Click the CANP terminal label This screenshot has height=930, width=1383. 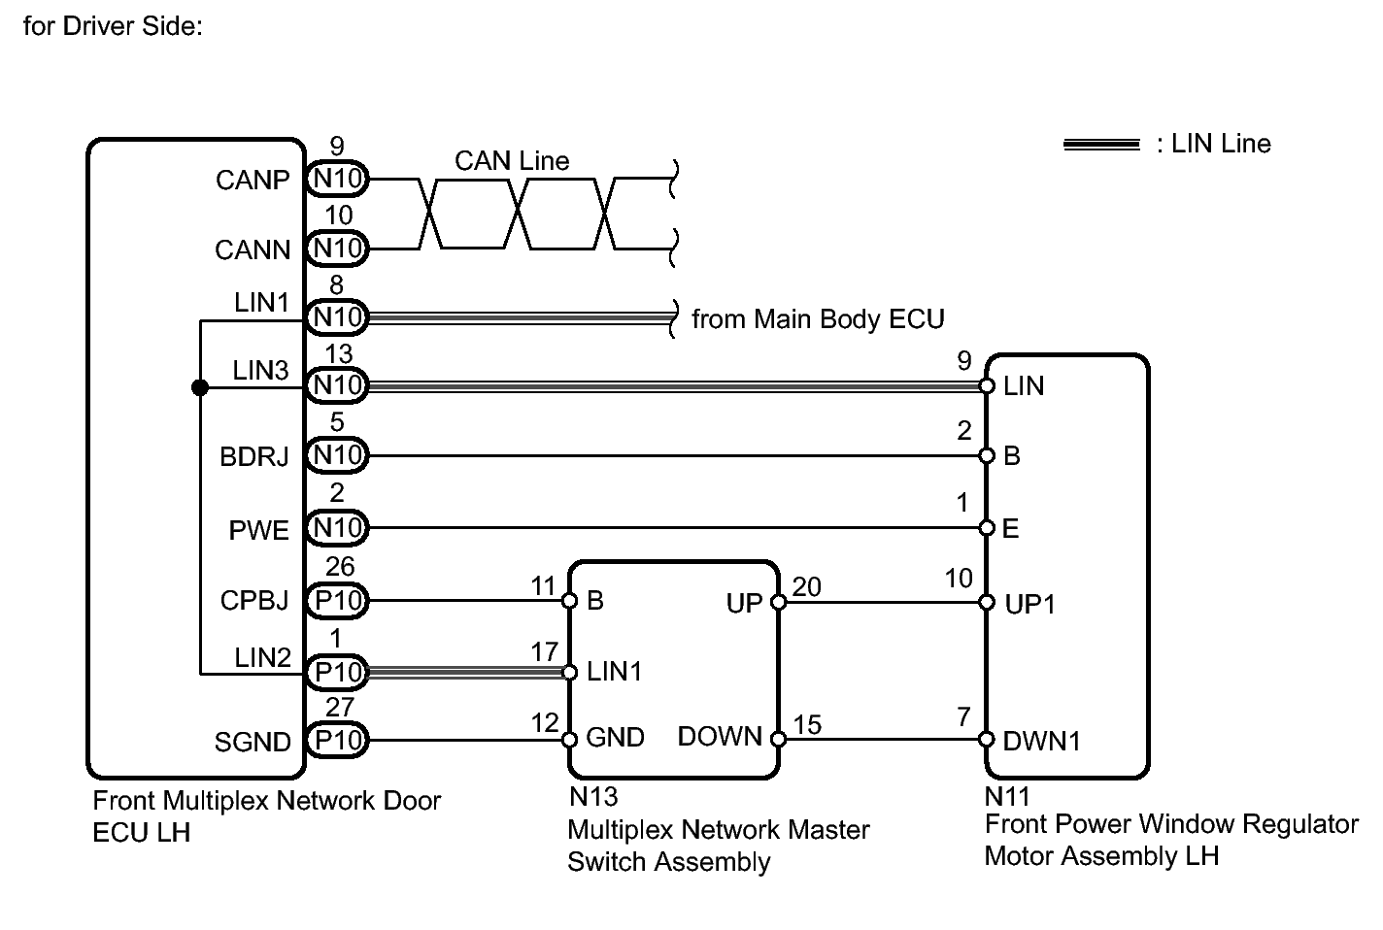pos(253,181)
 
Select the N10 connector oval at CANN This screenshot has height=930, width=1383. pos(337,249)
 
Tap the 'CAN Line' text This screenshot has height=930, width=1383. pos(512,160)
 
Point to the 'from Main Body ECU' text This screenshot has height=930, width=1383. pos(818,319)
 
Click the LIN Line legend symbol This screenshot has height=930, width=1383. pos(1101,145)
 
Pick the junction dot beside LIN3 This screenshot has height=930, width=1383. pos(200,387)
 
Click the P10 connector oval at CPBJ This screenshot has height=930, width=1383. pos(337,601)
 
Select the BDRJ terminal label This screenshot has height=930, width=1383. pos(254,456)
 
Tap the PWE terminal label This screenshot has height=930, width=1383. pos(258,530)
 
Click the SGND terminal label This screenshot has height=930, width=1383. pos(253,742)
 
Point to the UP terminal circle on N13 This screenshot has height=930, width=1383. pos(779,602)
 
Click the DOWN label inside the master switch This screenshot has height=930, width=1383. pos(720,736)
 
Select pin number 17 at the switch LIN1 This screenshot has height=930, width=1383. pos(545,651)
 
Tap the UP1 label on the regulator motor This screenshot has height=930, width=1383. pos(1029,604)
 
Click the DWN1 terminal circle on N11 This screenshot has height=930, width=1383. pos(987,740)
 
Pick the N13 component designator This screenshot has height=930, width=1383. pos(593,797)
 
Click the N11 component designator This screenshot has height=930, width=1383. pos(1007,797)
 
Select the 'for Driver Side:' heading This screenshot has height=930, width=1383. pos(113,26)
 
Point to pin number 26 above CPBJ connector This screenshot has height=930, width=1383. pos(340,567)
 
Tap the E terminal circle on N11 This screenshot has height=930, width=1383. pos(987,528)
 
